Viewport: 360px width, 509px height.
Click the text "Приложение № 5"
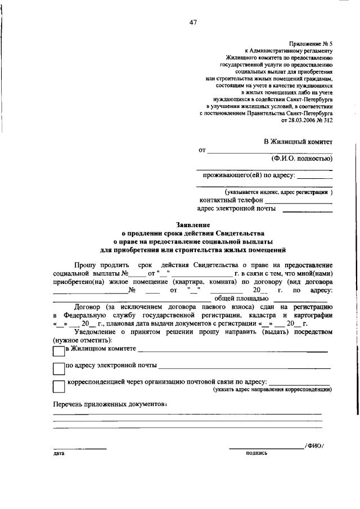click(312, 43)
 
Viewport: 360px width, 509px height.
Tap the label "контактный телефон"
click(231, 200)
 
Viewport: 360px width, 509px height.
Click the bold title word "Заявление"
click(192, 224)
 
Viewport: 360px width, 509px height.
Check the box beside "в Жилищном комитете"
click(58, 351)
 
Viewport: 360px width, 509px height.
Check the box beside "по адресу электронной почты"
click(58, 369)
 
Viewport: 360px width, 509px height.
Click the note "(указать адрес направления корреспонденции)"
click(272, 390)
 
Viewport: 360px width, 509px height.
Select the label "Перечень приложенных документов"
click(110, 404)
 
